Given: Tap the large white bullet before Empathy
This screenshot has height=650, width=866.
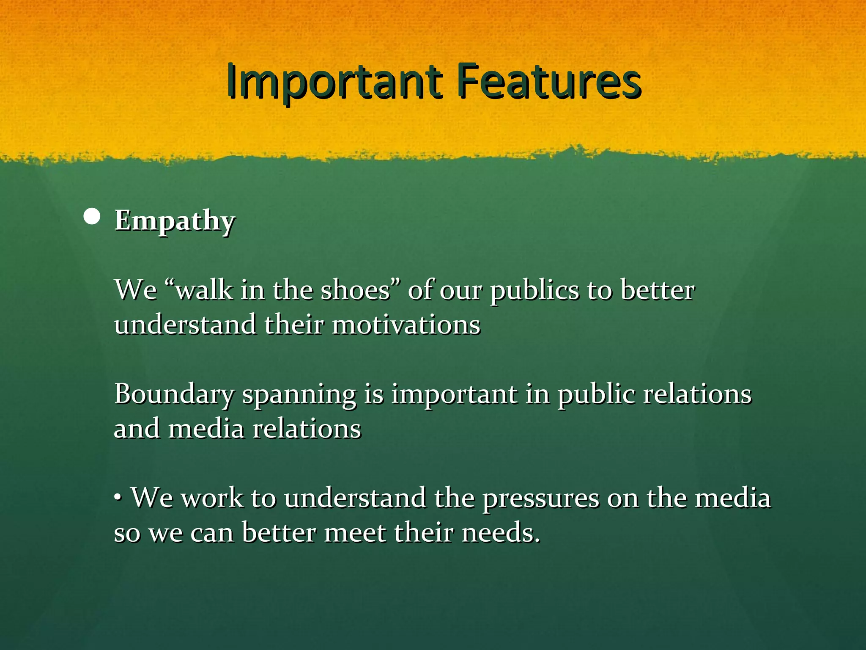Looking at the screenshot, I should pyautogui.click(x=92, y=217).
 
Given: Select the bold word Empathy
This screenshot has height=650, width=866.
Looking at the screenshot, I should pyautogui.click(x=174, y=221).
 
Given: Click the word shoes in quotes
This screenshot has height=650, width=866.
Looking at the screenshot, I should pyautogui.click(x=355, y=291).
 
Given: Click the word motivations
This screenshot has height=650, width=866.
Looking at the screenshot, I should pyautogui.click(x=406, y=325).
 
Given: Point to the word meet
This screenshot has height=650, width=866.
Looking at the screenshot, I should pyautogui.click(x=355, y=532).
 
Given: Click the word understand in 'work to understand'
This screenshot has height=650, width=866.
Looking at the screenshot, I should pyautogui.click(x=355, y=498).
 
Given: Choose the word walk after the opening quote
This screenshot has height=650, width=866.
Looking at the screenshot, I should pyautogui.click(x=204, y=291).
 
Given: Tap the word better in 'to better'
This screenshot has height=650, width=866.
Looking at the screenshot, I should pyautogui.click(x=657, y=291).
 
